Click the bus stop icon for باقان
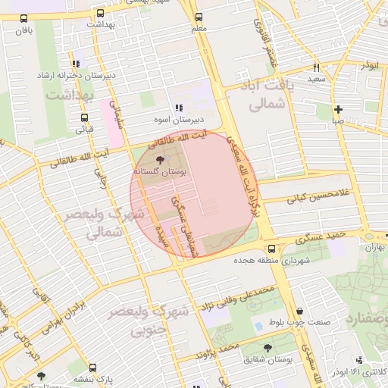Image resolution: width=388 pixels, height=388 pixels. (24, 19)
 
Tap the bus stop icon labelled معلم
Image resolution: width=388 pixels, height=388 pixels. (199, 17)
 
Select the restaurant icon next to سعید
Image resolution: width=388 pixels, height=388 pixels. (316, 67)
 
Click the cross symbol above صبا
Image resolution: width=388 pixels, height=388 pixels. (338, 108)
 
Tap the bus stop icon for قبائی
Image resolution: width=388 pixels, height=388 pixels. (83, 117)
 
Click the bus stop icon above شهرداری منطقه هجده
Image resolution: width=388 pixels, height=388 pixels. (271, 249)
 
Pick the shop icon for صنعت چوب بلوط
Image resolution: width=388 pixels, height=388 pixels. (300, 311)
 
